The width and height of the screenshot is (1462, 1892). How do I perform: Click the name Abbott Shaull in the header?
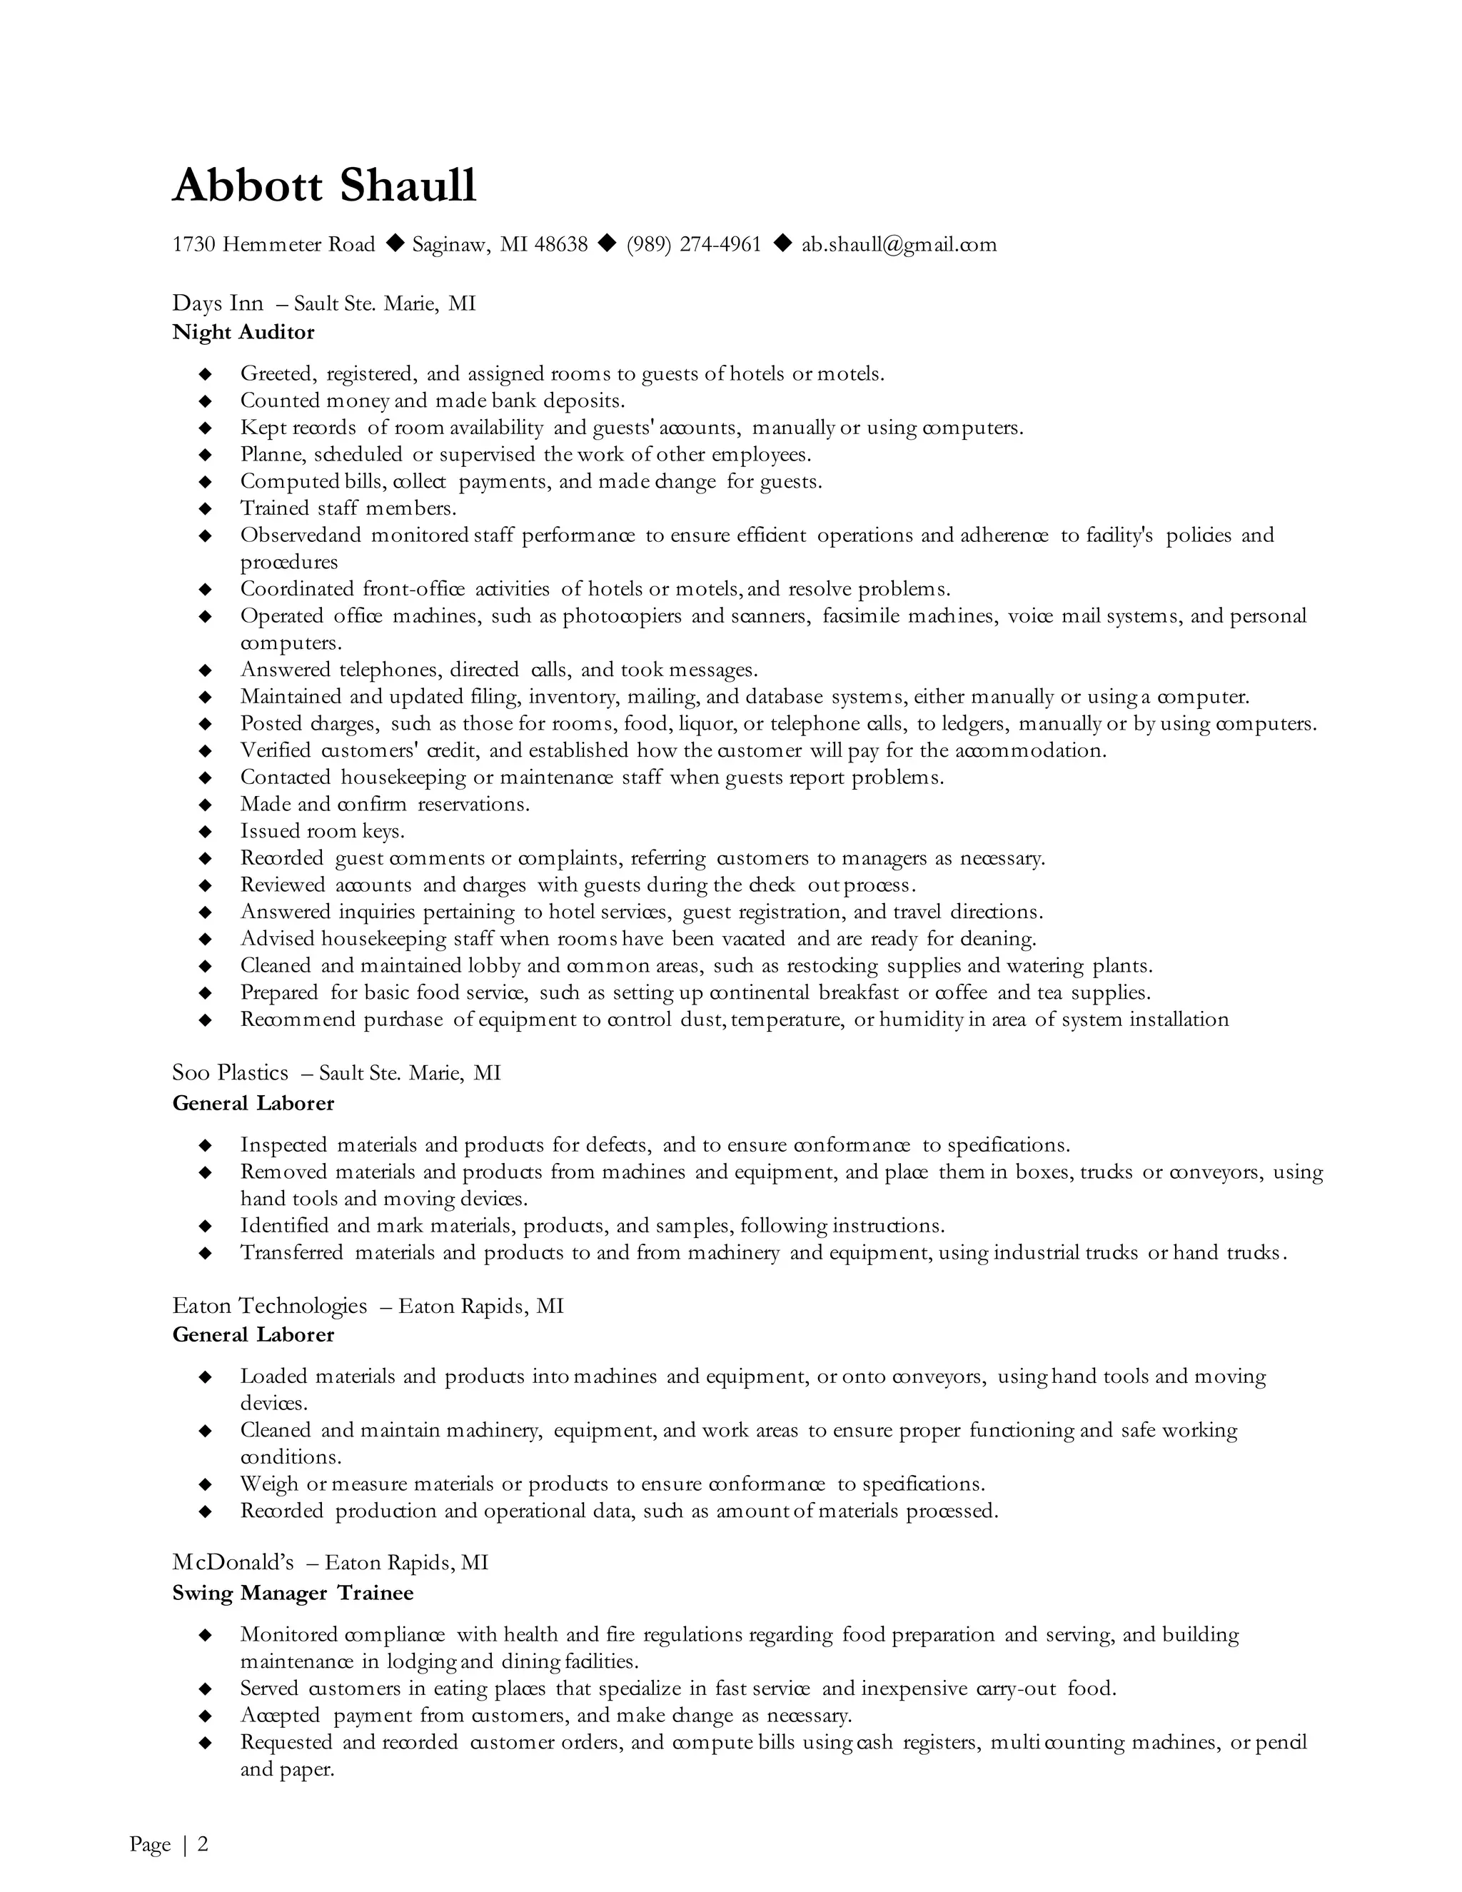[324, 186]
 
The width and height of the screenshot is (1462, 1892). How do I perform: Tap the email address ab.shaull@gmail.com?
[899, 245]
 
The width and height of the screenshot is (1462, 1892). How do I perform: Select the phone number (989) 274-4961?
[694, 245]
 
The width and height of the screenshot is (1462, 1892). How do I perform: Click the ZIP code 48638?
[561, 245]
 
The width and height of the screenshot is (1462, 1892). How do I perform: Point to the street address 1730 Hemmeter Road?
[273, 245]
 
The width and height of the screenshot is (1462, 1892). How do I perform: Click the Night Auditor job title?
[243, 333]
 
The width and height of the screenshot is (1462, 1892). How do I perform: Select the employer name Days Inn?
[218, 304]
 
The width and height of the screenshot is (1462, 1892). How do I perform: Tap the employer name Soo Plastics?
[231, 1073]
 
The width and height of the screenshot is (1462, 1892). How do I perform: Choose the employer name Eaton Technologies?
[269, 1306]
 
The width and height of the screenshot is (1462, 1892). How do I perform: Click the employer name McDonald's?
[233, 1563]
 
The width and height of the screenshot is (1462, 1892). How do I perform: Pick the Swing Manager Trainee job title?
[293, 1593]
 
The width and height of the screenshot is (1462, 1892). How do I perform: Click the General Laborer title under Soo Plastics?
[253, 1104]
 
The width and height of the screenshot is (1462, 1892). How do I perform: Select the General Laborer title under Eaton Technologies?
[253, 1335]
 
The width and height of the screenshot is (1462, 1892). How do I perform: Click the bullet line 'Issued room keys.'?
[322, 832]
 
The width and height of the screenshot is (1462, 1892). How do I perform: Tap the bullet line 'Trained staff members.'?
[348, 508]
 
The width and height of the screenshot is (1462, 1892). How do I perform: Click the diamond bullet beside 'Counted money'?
[206, 401]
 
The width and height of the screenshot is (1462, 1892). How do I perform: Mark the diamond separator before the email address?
[782, 243]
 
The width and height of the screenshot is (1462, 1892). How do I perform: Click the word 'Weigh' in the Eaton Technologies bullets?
[269, 1485]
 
